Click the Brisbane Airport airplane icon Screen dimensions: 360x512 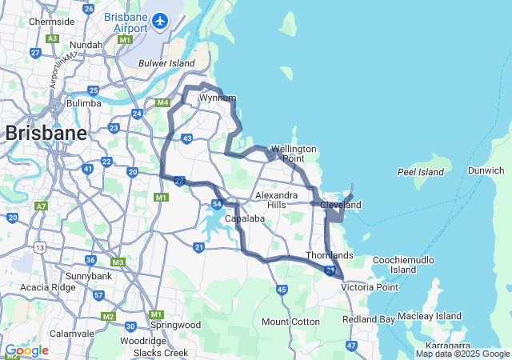161,19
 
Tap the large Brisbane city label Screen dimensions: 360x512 46,134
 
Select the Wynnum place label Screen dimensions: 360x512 218,98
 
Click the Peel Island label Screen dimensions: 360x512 420,172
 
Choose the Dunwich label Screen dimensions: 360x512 486,170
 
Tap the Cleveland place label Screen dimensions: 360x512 341,206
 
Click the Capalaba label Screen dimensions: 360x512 244,218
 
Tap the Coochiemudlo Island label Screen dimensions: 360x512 403,265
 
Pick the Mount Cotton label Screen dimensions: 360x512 290,322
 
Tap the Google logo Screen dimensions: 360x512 26,350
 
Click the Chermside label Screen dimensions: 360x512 52,22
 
